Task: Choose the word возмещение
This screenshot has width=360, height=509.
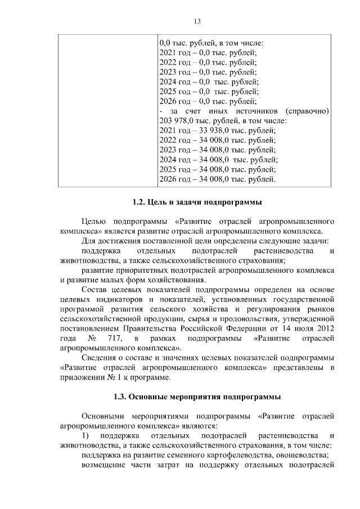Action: point(104,465)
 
